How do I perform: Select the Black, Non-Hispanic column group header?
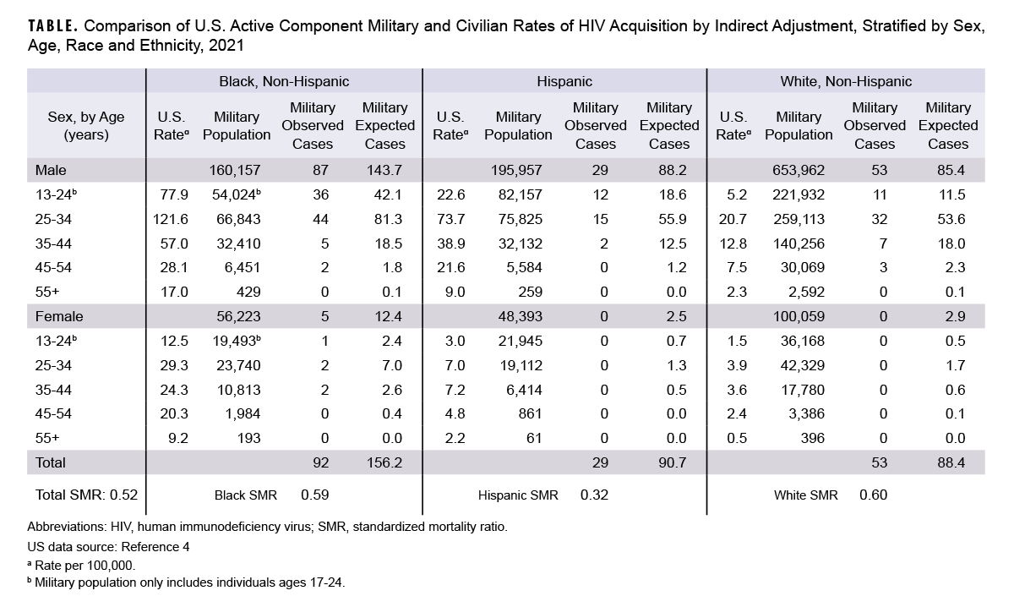[284, 81]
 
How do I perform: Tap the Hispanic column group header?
[564, 81]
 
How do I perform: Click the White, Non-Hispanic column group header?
[846, 81]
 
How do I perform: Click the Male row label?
[51, 170]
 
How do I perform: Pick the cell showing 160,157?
[231, 170]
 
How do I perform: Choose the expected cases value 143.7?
[385, 170]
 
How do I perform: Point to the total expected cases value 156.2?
[385, 462]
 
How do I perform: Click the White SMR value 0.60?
[873, 495]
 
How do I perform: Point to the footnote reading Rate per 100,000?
[84, 564]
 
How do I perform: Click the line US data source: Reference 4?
[108, 545]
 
